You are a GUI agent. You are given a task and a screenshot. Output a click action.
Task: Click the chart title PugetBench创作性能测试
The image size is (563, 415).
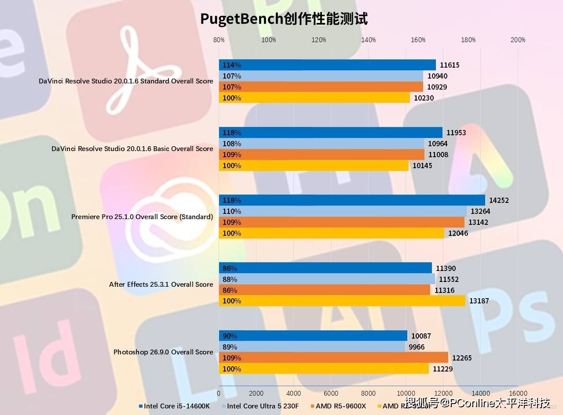[x=284, y=19]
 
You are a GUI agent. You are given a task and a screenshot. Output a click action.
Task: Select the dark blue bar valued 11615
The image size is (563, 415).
[x=327, y=65]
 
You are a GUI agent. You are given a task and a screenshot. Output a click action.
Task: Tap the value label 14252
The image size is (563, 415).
[x=499, y=200]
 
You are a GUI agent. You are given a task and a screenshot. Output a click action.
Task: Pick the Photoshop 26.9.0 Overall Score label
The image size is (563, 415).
[x=163, y=352]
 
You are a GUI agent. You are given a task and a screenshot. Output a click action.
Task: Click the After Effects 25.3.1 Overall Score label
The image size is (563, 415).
[x=161, y=284]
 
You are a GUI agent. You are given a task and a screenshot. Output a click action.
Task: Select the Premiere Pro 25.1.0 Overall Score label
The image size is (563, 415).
[x=142, y=217]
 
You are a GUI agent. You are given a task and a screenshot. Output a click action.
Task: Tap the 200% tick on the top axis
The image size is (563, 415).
[x=518, y=40]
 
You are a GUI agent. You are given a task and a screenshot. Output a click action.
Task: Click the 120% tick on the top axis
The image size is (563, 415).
[x=318, y=40]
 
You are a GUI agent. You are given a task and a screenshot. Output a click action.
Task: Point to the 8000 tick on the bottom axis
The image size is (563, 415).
[x=368, y=393]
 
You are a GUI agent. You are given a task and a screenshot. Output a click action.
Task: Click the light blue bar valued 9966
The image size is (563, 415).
[x=312, y=347]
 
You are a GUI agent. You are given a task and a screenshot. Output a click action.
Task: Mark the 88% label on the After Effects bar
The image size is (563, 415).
[x=230, y=279]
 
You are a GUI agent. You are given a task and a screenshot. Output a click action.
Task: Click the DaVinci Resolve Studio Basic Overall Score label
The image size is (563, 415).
[x=132, y=148]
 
